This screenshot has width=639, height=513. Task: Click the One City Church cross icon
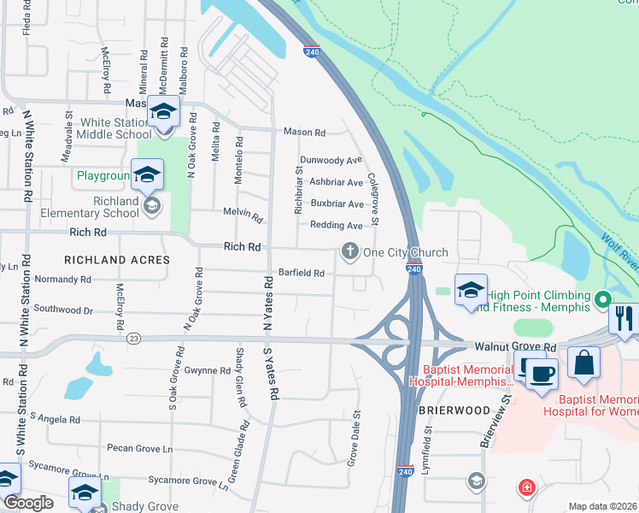click(x=349, y=251)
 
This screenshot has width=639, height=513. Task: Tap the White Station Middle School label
click(x=114, y=128)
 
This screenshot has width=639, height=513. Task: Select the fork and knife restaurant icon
click(x=623, y=319)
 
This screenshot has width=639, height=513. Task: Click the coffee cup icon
click(x=542, y=374)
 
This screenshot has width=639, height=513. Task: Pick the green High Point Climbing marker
click(x=602, y=299)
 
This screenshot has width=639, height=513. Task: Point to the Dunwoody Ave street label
click(x=331, y=160)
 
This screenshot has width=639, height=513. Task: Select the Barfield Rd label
click(x=300, y=274)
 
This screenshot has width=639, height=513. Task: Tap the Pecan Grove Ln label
click(x=140, y=448)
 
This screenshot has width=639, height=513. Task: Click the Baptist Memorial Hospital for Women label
click(x=598, y=406)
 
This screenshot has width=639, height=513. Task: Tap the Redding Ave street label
click(x=337, y=225)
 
